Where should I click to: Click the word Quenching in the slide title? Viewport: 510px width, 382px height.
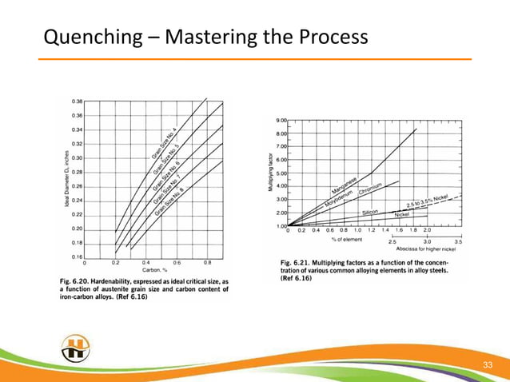85,37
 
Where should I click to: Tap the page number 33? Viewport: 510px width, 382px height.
485,365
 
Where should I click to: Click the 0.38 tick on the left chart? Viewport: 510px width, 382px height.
77,101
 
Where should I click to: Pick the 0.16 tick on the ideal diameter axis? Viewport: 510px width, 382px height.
77,257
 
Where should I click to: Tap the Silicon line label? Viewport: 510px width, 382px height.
370,212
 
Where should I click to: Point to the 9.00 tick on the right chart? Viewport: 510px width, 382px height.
281,120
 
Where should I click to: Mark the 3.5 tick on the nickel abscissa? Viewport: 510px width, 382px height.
459,241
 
